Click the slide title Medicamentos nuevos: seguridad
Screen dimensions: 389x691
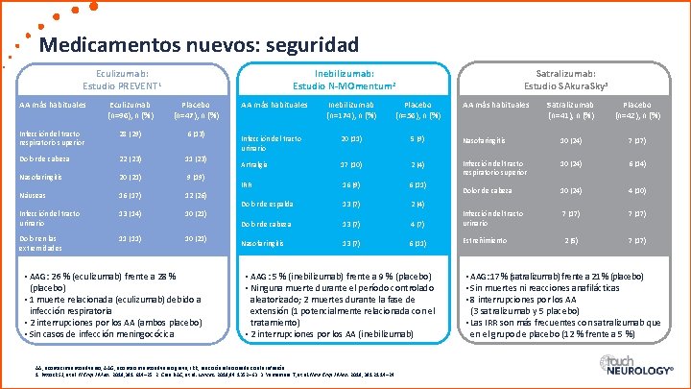[199, 44]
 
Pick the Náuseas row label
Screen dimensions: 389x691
[33, 194]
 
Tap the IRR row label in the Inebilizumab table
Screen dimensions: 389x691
[247, 184]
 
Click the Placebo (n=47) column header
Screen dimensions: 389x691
[196, 109]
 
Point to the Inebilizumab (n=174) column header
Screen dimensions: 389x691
[351, 109]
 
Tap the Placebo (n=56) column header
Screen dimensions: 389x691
[417, 109]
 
